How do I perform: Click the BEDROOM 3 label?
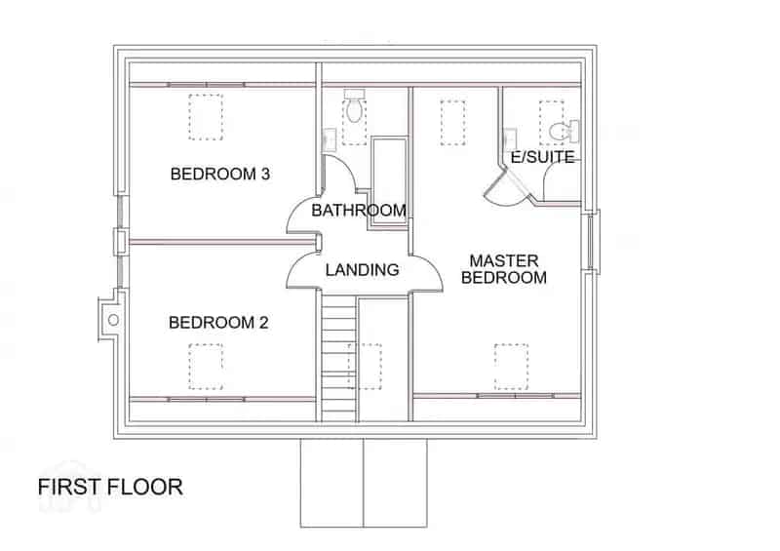(220, 174)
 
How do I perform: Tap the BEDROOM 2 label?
(218, 323)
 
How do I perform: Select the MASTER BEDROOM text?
(504, 269)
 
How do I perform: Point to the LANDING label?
(362, 270)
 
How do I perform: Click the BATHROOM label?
(359, 210)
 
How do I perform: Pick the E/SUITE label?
(543, 157)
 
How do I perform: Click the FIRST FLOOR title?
(110, 487)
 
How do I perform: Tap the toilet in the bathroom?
(354, 106)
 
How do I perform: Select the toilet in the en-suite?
(565, 131)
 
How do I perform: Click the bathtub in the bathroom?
(389, 181)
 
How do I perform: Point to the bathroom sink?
(330, 139)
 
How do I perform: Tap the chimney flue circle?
(113, 320)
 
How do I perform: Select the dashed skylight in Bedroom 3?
(206, 117)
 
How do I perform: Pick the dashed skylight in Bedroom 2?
(206, 367)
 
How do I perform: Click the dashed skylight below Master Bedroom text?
(511, 367)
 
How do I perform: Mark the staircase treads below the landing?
(339, 358)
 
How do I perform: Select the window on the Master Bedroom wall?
(591, 242)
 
